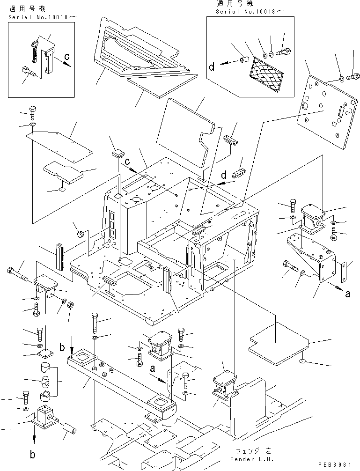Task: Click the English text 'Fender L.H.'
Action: pyautogui.click(x=252, y=459)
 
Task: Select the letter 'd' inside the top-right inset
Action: pyautogui.click(x=212, y=66)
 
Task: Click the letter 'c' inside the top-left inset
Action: pyautogui.click(x=67, y=56)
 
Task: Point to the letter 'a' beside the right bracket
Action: pyautogui.click(x=347, y=294)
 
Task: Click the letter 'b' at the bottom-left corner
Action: pyautogui.click(x=32, y=455)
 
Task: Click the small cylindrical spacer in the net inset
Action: pyautogui.click(x=243, y=59)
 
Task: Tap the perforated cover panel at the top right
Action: pyautogui.click(x=327, y=111)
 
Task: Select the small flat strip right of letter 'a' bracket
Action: pyautogui.click(x=345, y=271)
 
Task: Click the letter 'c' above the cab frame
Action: pyautogui.click(x=127, y=162)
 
